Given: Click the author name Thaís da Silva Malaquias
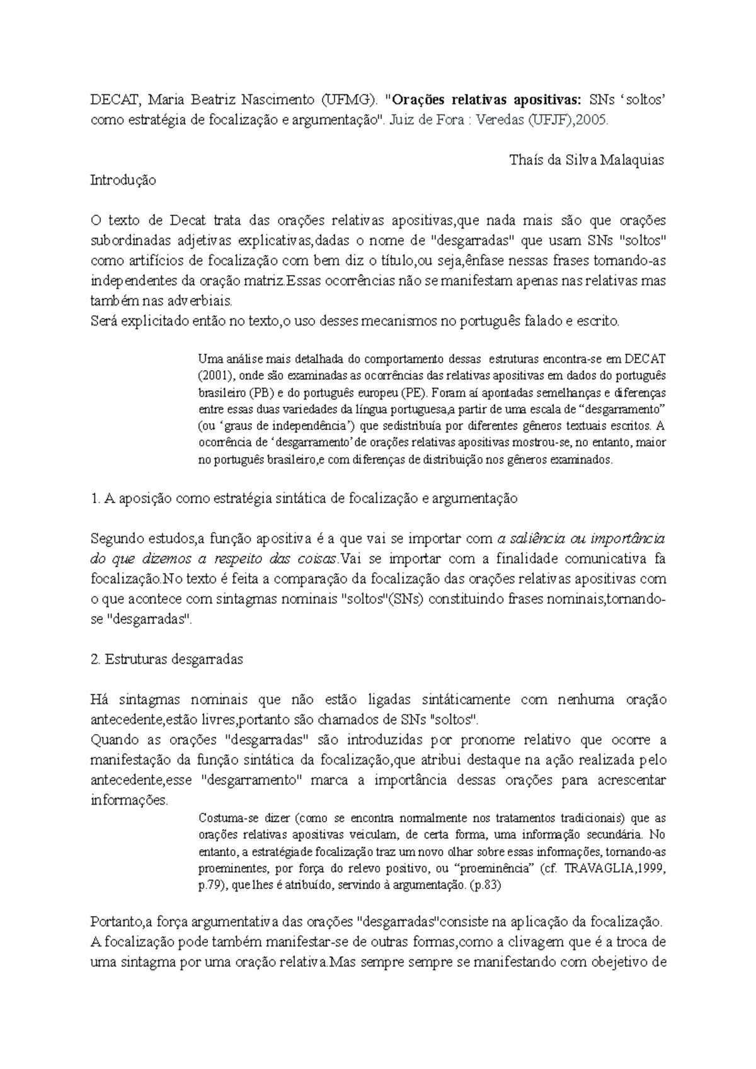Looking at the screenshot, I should pyautogui.click(x=586, y=160).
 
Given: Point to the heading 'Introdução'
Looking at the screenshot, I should pyautogui.click(x=123, y=180).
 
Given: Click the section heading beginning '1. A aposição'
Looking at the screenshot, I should pyautogui.click(x=304, y=499).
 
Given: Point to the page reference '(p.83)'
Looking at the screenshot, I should pyautogui.click(x=484, y=885).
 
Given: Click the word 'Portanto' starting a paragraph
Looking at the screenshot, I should pyautogui.click(x=116, y=922).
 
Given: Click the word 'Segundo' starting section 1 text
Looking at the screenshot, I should pyautogui.click(x=116, y=539).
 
